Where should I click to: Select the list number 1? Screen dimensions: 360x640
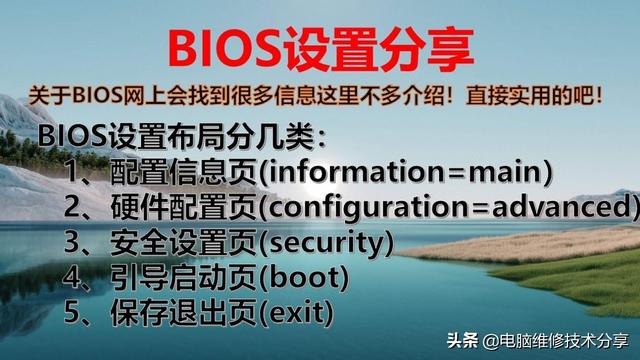click(78, 172)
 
